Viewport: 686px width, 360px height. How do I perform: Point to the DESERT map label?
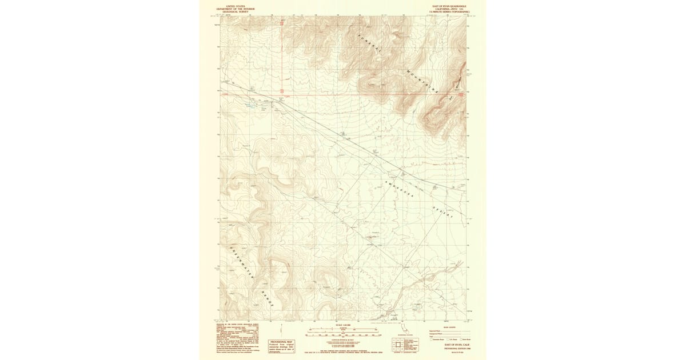point(442,212)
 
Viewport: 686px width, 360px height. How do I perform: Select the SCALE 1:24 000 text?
point(342,325)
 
